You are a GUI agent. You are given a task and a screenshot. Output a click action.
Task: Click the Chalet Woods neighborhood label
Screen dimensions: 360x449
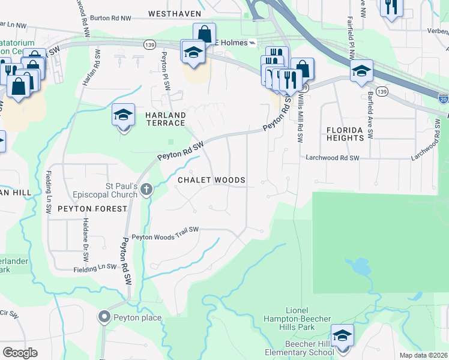(x=211, y=180)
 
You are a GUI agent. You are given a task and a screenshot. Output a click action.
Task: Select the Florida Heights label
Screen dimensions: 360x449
(x=345, y=133)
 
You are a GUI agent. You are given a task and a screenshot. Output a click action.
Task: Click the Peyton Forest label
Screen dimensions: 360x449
(x=92, y=209)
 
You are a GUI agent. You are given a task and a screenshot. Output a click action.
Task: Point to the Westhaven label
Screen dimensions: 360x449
(x=173, y=13)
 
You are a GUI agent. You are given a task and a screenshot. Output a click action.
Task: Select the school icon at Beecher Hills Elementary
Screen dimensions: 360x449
(x=342, y=335)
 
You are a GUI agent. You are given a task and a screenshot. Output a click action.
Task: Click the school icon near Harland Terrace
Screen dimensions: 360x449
(x=123, y=115)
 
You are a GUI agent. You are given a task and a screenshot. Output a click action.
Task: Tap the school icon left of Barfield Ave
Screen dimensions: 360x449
(x=361, y=71)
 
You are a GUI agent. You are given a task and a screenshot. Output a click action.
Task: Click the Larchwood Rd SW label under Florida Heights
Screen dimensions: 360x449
(x=331, y=158)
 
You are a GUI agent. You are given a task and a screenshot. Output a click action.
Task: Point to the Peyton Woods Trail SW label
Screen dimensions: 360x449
(x=165, y=233)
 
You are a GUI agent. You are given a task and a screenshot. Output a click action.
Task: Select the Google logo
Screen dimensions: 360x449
(x=20, y=352)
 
